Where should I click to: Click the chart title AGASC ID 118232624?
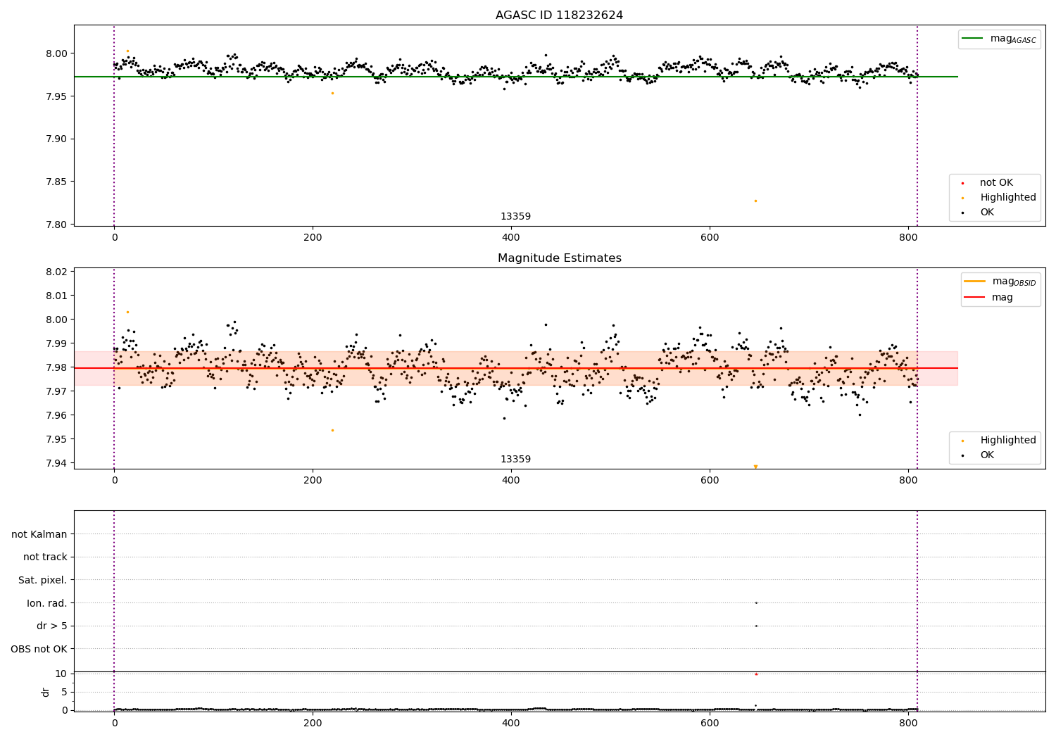[x=559, y=15]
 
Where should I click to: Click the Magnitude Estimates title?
[x=559, y=258]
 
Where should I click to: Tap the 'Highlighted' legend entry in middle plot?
[x=1007, y=440]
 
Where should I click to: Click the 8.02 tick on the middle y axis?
[x=57, y=272]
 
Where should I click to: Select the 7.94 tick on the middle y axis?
[x=57, y=463]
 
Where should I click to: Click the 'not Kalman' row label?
[x=39, y=534]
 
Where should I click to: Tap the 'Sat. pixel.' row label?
[x=43, y=580]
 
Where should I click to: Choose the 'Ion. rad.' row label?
[x=47, y=603]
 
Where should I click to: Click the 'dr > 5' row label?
[x=52, y=626]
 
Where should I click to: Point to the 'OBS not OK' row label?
[x=39, y=649]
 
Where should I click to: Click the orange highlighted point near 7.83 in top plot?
[x=755, y=201]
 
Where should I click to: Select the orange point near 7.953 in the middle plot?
[x=332, y=430]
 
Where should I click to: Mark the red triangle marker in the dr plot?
[x=756, y=674]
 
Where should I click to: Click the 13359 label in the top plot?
[x=515, y=217]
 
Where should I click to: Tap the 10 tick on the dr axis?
[x=61, y=674]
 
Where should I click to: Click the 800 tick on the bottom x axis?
[x=908, y=722]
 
